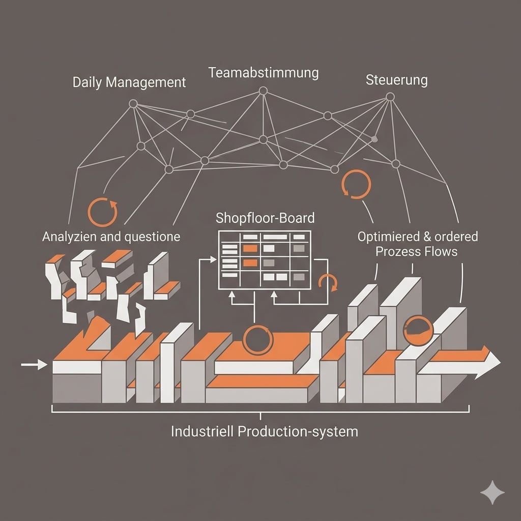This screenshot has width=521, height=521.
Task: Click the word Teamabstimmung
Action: pos(264,73)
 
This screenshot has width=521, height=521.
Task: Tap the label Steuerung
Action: pos(396,80)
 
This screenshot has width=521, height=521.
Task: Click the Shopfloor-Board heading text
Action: pos(265,218)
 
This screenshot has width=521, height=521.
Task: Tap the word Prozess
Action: pos(398,251)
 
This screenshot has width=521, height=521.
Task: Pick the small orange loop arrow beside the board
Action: pos(328,282)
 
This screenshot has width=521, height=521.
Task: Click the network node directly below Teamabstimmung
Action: pos(263,91)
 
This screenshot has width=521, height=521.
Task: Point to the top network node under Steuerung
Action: pos(390,96)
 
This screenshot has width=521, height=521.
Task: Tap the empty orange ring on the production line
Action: pos(257,339)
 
